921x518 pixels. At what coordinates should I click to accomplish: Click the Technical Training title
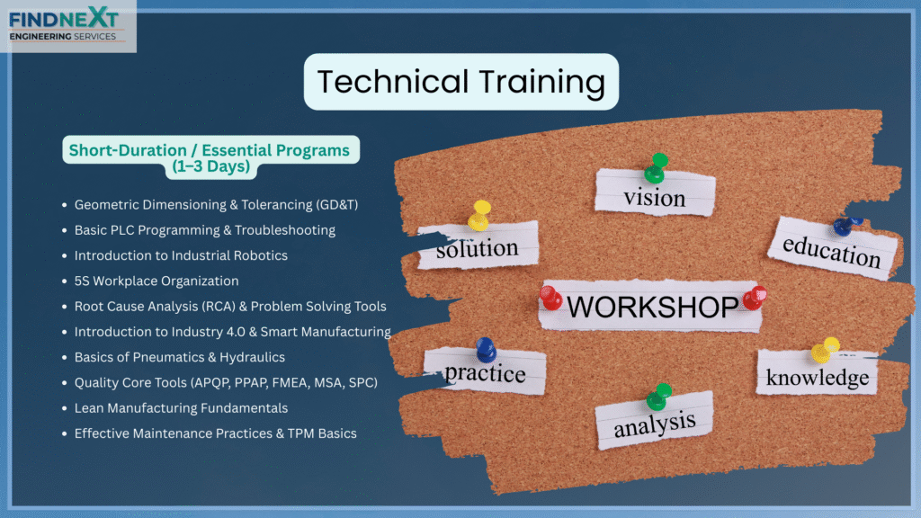tap(461, 82)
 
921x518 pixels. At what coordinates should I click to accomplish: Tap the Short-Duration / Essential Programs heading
tap(210, 158)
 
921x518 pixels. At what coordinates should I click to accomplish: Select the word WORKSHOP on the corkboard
tap(652, 307)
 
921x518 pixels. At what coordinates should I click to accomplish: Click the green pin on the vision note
tap(656, 168)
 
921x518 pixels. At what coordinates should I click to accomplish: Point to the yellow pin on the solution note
tap(479, 216)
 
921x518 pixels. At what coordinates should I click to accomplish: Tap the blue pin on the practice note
tap(486, 350)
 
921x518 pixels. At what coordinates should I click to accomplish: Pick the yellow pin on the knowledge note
tap(824, 350)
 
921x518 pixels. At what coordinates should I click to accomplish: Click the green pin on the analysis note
tap(658, 397)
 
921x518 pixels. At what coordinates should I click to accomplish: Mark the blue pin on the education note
tap(847, 226)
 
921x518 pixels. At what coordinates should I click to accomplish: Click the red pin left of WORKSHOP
tap(550, 298)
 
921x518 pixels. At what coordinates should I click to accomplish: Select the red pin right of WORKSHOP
tap(755, 298)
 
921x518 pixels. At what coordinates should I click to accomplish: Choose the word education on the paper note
tap(831, 251)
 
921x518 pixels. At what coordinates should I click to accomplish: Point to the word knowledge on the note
tap(817, 377)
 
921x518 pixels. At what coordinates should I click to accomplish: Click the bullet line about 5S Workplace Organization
tap(156, 281)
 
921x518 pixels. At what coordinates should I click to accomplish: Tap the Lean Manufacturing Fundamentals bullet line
tap(181, 407)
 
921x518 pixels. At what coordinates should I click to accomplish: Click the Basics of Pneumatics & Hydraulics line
tap(179, 357)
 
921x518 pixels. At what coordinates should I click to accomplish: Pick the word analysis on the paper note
tap(655, 424)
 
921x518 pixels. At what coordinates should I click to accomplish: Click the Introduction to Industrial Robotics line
tap(181, 255)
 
